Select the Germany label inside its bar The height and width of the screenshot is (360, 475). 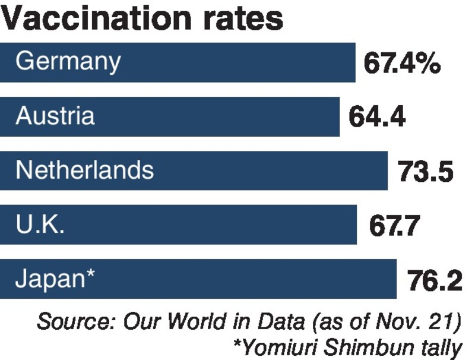coord(68,62)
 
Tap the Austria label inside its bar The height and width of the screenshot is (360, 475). coord(55,116)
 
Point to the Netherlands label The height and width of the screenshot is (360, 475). coord(84,170)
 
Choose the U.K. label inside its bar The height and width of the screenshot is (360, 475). coord(40,225)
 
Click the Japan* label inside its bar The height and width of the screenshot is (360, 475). coord(55,279)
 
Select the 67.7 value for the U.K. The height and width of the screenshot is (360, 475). coord(394,226)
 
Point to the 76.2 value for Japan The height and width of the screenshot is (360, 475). coord(435,280)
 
